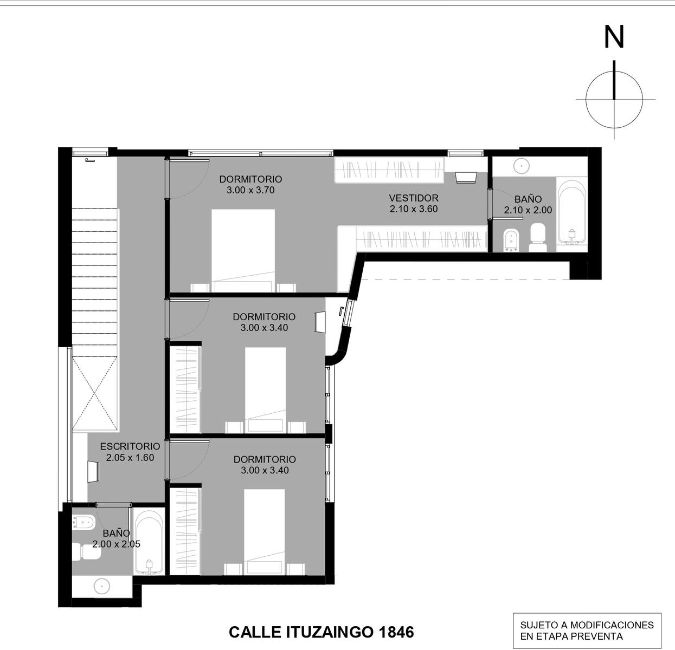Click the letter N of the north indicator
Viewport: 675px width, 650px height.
click(x=614, y=37)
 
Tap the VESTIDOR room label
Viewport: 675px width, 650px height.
click(x=414, y=198)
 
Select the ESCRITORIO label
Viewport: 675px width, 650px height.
click(x=130, y=446)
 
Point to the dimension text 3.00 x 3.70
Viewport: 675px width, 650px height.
click(x=250, y=190)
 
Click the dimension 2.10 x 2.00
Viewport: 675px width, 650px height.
click(x=528, y=210)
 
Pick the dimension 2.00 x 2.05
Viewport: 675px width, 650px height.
click(x=116, y=544)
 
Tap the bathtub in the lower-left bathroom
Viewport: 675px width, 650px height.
click(x=149, y=544)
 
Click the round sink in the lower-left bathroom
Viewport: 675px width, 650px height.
click(x=102, y=586)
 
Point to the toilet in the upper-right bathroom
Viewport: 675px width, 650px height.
click(x=538, y=237)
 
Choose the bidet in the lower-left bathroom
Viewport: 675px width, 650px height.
click(x=83, y=523)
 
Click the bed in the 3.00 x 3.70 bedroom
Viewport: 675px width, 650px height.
click(x=243, y=250)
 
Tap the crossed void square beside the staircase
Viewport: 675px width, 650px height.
click(x=95, y=394)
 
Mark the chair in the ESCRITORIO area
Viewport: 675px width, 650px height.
click(x=93, y=471)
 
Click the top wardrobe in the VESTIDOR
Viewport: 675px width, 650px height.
click(x=389, y=170)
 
